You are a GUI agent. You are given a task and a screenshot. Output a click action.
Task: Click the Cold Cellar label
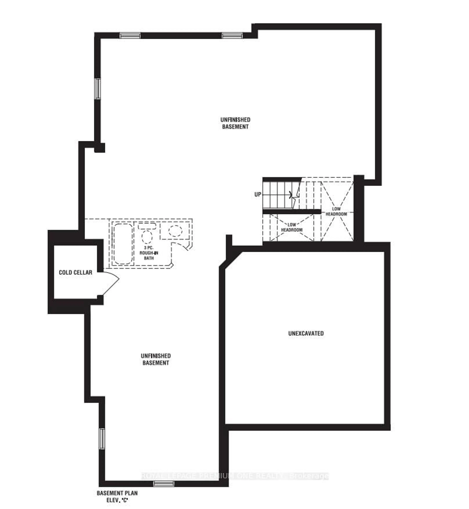75,273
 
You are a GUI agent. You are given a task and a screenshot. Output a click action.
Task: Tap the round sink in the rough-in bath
175,231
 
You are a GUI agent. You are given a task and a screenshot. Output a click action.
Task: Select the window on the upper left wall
97,89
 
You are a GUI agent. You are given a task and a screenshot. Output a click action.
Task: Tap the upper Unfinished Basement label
235,123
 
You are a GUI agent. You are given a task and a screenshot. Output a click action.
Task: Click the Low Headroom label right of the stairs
336,211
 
